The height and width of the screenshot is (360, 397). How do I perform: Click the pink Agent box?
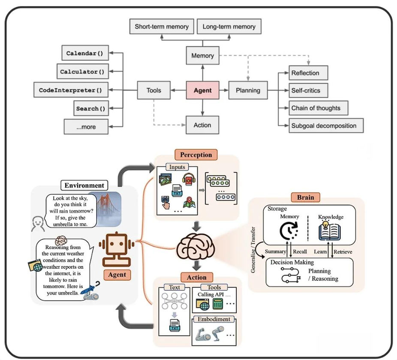[203, 90]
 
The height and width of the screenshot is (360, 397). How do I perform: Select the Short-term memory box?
[162, 27]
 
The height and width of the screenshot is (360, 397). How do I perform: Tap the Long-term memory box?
[229, 27]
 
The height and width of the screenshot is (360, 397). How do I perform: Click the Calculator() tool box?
[82, 72]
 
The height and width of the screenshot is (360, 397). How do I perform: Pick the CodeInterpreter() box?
[70, 90]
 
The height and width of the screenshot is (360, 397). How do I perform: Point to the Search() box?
[90, 108]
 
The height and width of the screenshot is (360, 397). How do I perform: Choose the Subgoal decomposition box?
[324, 126]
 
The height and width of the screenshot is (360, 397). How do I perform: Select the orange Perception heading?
[196, 154]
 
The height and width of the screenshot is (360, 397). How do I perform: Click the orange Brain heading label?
[305, 198]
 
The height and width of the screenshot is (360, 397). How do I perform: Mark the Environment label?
[84, 186]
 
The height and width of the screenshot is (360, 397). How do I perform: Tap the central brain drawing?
[196, 245]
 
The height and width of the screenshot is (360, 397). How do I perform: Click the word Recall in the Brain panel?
[300, 252]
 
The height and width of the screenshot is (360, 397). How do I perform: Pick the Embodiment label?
[214, 319]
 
